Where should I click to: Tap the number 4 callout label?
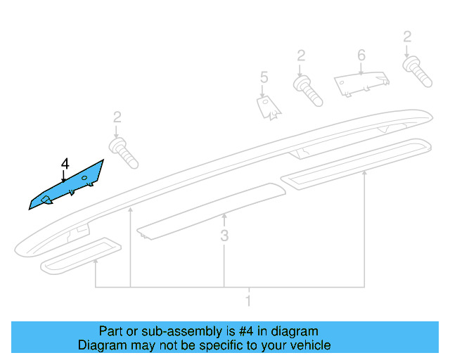[x=64, y=165]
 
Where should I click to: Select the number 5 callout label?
[x=264, y=77]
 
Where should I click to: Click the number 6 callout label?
[x=361, y=55]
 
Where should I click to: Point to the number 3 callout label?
[x=224, y=236]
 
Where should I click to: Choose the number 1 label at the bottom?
[x=247, y=302]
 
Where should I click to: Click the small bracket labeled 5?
[x=266, y=105]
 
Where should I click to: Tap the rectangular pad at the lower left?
[x=80, y=255]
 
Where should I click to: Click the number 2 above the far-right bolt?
[x=406, y=37]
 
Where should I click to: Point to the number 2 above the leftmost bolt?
[x=117, y=117]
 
